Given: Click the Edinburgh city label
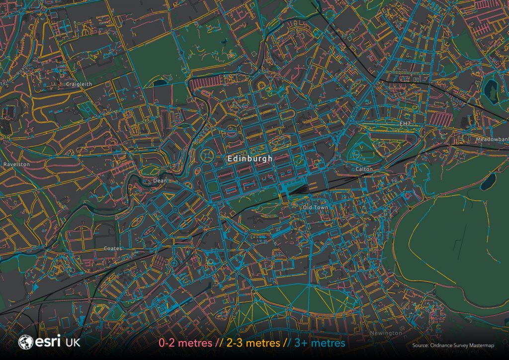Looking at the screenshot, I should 250,159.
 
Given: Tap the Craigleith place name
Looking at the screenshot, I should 79,85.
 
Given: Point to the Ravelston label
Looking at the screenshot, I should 16,164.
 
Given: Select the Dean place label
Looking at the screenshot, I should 160,181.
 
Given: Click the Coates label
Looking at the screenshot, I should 112,248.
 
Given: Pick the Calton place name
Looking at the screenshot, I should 364,169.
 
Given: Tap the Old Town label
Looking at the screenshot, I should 316,207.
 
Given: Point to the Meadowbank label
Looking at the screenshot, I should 492,140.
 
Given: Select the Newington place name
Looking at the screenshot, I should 386,333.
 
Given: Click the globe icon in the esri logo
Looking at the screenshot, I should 25,342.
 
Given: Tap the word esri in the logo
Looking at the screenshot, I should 47,342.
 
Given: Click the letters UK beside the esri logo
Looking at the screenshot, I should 72,343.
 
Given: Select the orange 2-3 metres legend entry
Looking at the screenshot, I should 254,343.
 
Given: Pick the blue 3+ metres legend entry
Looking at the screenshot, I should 319,343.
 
